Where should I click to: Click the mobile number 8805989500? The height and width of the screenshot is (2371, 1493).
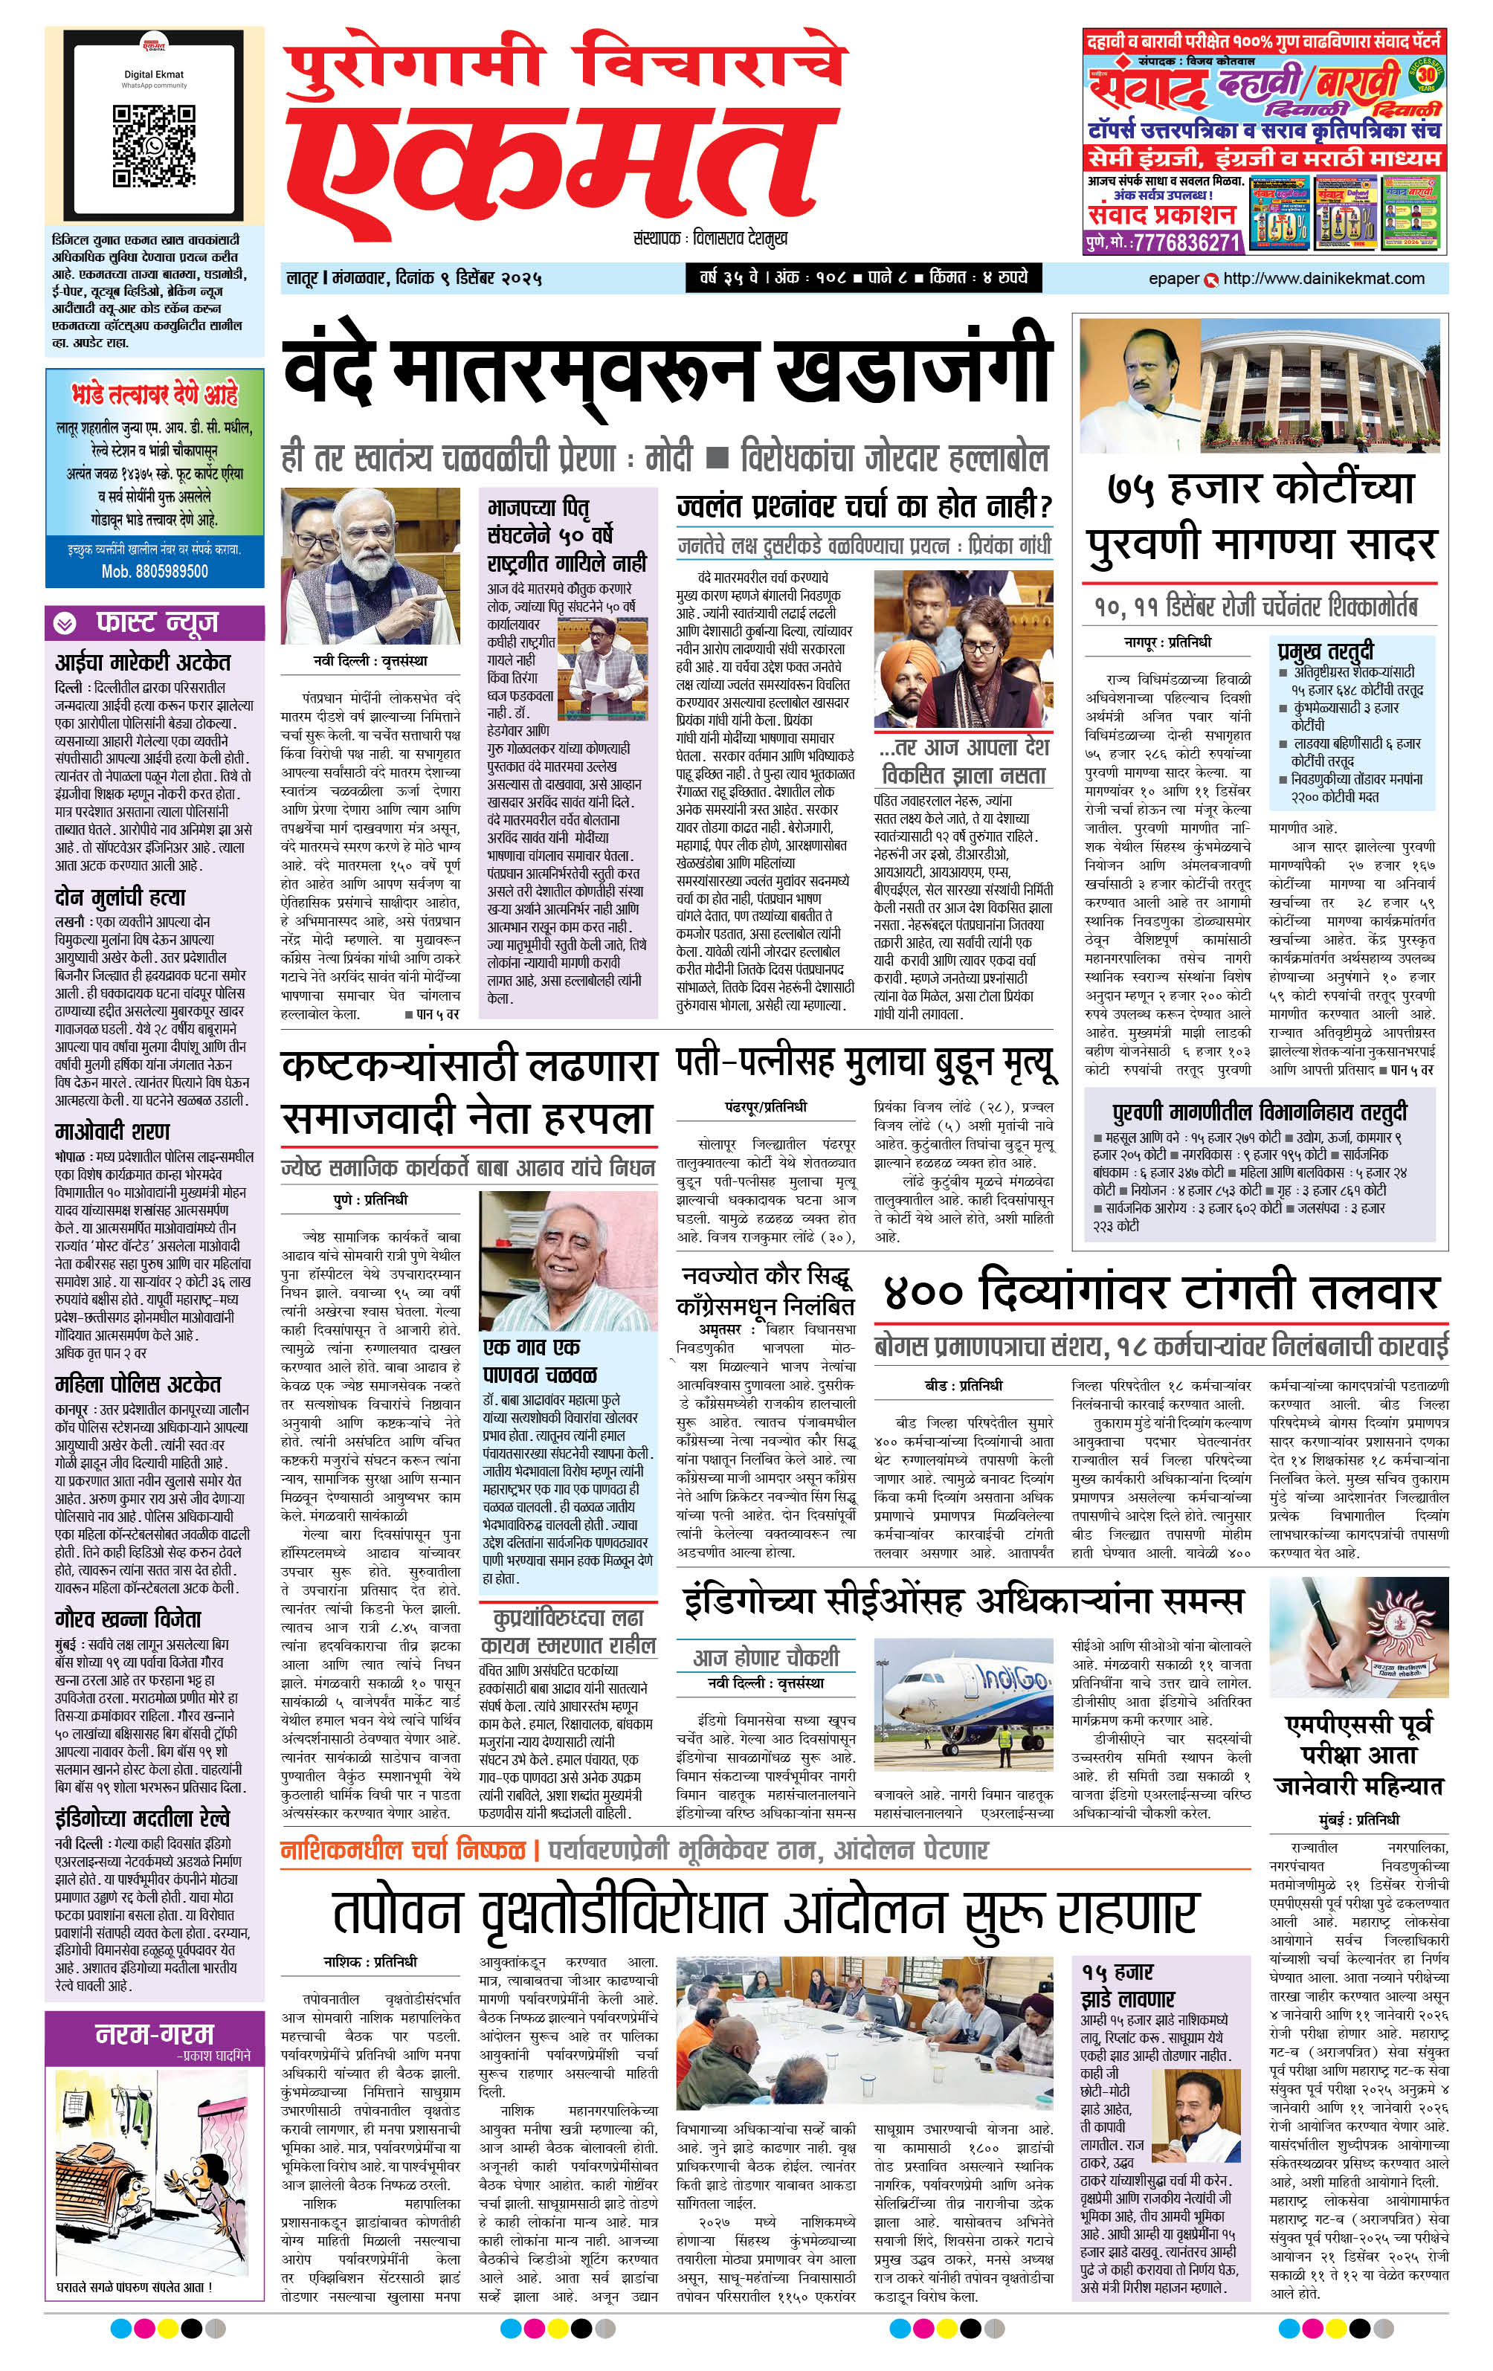click(x=155, y=571)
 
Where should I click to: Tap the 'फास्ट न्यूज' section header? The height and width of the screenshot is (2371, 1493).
click(x=155, y=622)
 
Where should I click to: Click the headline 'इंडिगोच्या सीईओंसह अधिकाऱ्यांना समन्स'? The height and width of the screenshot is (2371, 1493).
click(x=963, y=1601)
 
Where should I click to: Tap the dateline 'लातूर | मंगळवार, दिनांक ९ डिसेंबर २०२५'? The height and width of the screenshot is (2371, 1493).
click(x=413, y=279)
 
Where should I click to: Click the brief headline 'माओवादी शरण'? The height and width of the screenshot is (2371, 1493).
click(x=112, y=1130)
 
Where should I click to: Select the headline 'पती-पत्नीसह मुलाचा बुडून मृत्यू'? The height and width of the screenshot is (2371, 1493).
click(x=865, y=1062)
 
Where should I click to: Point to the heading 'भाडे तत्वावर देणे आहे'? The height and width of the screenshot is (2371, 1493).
click(x=155, y=396)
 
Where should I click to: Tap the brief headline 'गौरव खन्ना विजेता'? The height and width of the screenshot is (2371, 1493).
click(x=128, y=1619)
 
